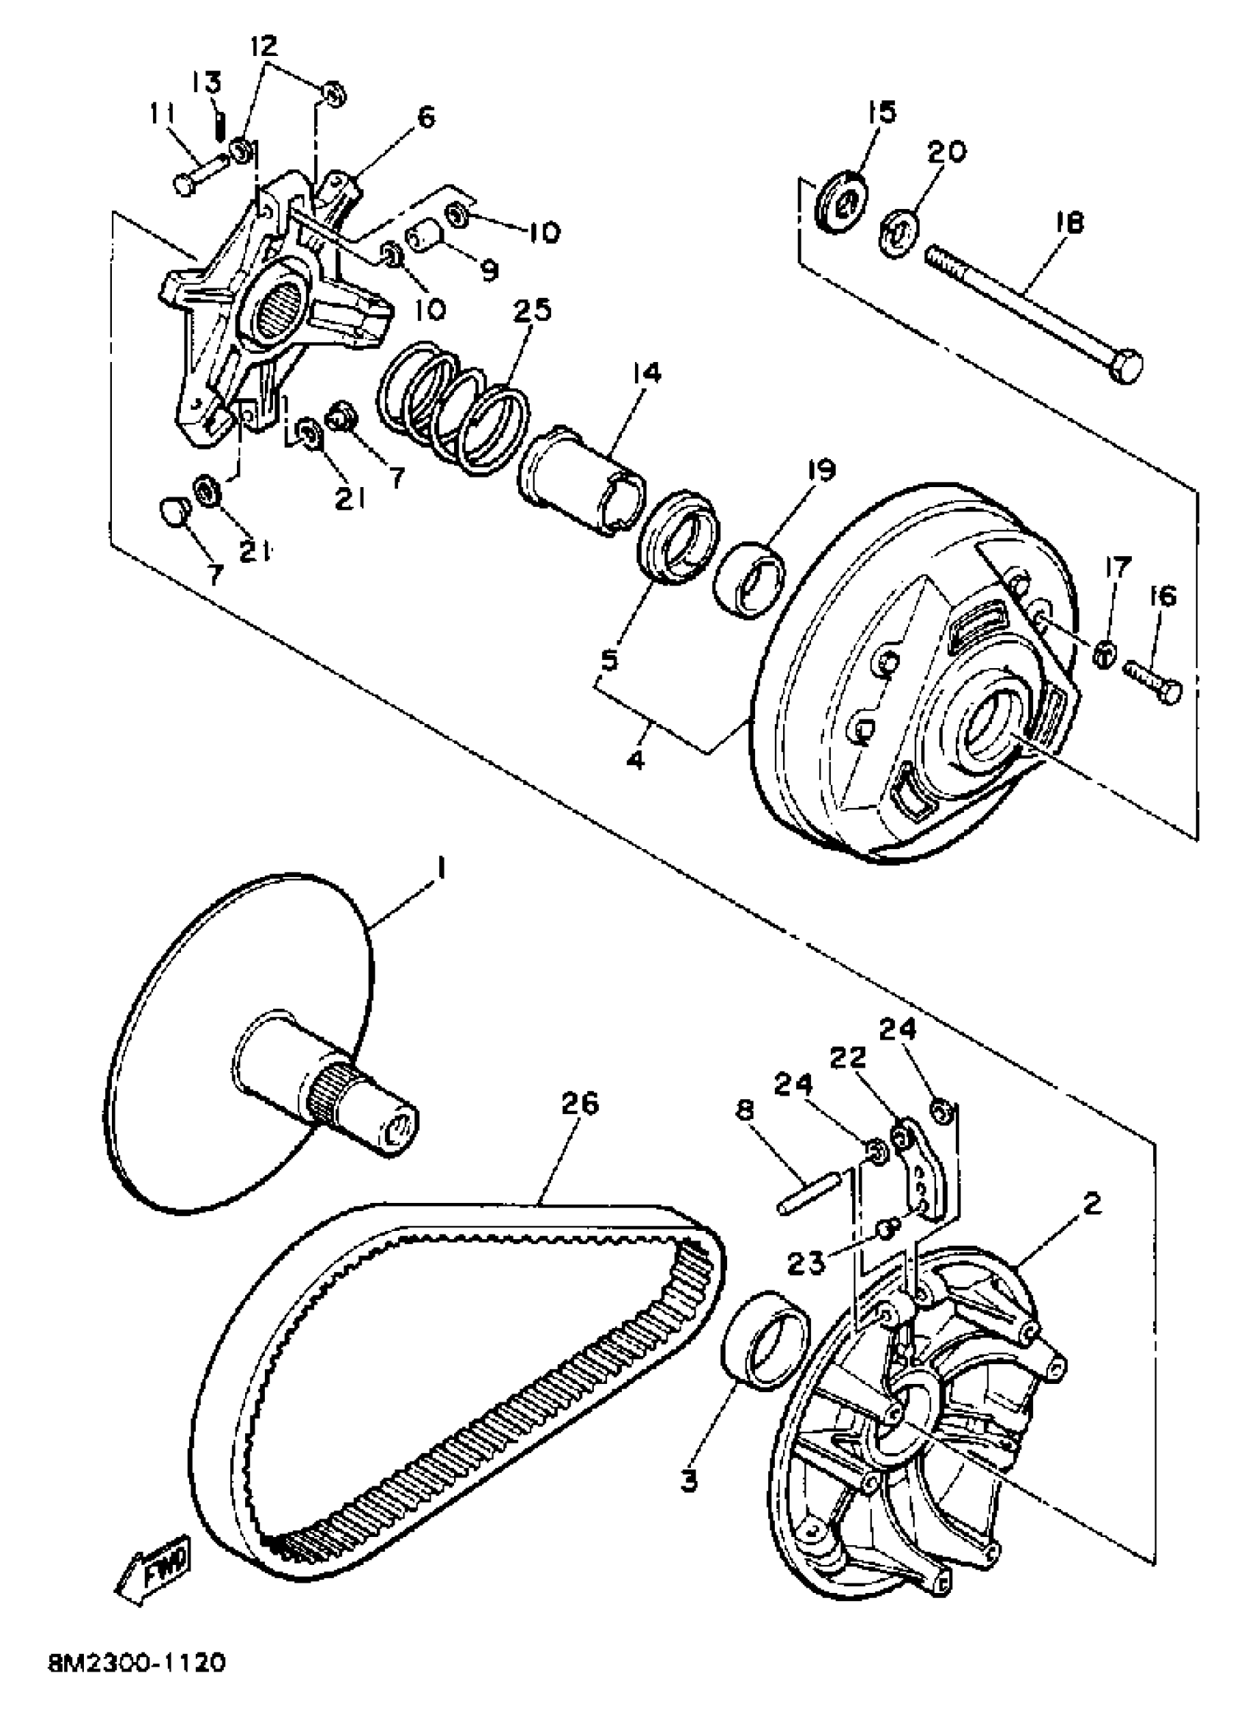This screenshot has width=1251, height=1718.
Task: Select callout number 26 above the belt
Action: click(581, 1104)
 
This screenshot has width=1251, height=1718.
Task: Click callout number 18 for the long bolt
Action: click(1068, 223)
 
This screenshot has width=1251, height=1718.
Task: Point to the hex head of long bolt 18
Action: click(1127, 367)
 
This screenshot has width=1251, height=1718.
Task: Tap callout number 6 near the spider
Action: click(425, 118)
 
